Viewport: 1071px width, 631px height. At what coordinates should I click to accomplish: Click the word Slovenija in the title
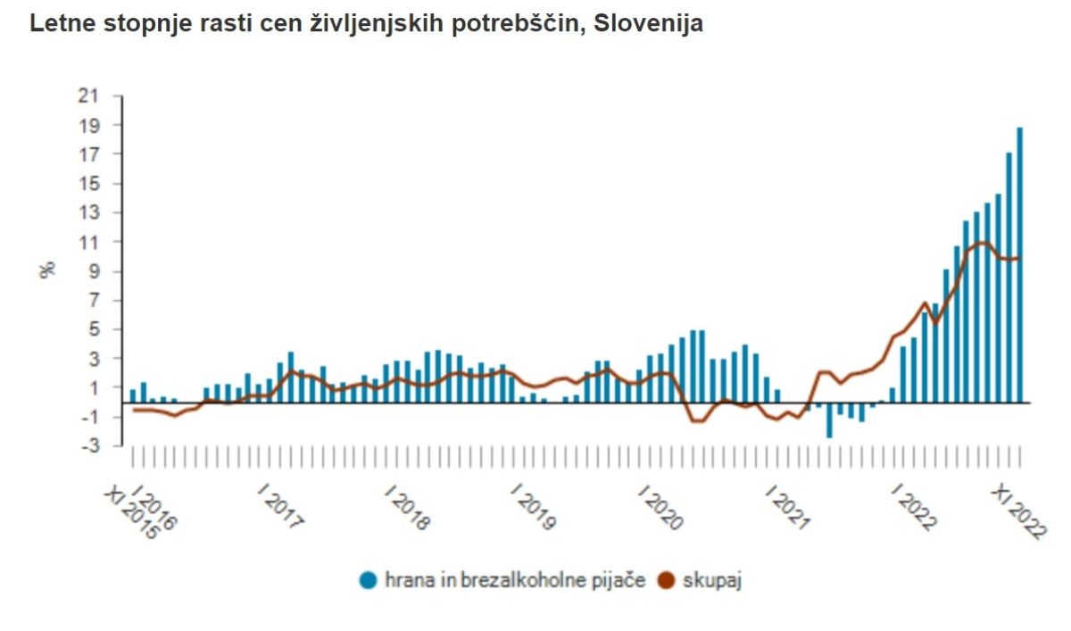point(648,24)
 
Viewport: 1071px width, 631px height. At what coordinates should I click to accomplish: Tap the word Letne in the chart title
point(59,24)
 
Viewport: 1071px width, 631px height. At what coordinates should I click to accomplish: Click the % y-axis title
point(48,269)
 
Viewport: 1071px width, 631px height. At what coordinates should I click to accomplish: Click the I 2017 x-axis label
point(280,508)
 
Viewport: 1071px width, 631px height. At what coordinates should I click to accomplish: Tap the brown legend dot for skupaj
point(666,580)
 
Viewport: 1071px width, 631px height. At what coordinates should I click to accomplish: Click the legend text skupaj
point(712,580)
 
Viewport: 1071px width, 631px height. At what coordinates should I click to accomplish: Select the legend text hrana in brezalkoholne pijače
point(515,580)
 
